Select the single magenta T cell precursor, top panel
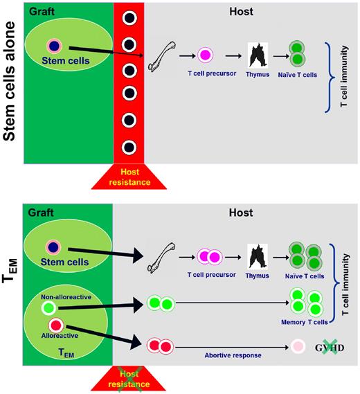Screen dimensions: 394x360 coord(205,55)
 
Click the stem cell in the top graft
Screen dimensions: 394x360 coord(53,46)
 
